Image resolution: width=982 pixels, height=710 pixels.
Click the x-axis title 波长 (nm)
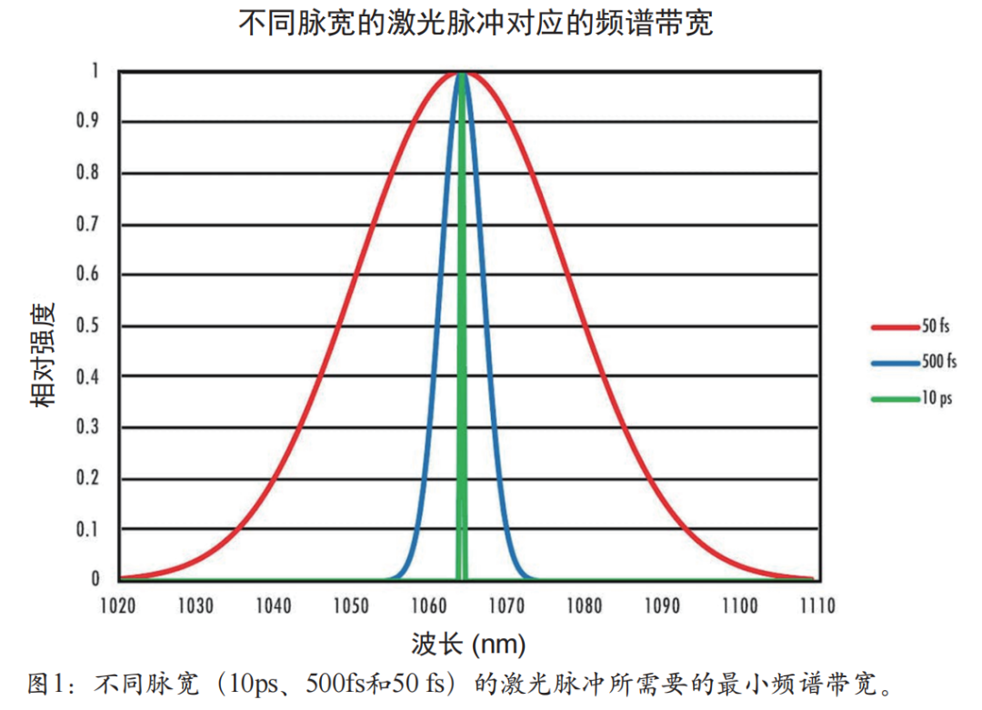(x=467, y=645)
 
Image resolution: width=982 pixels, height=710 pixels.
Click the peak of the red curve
(x=461, y=73)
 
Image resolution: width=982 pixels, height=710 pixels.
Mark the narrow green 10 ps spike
(x=462, y=327)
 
